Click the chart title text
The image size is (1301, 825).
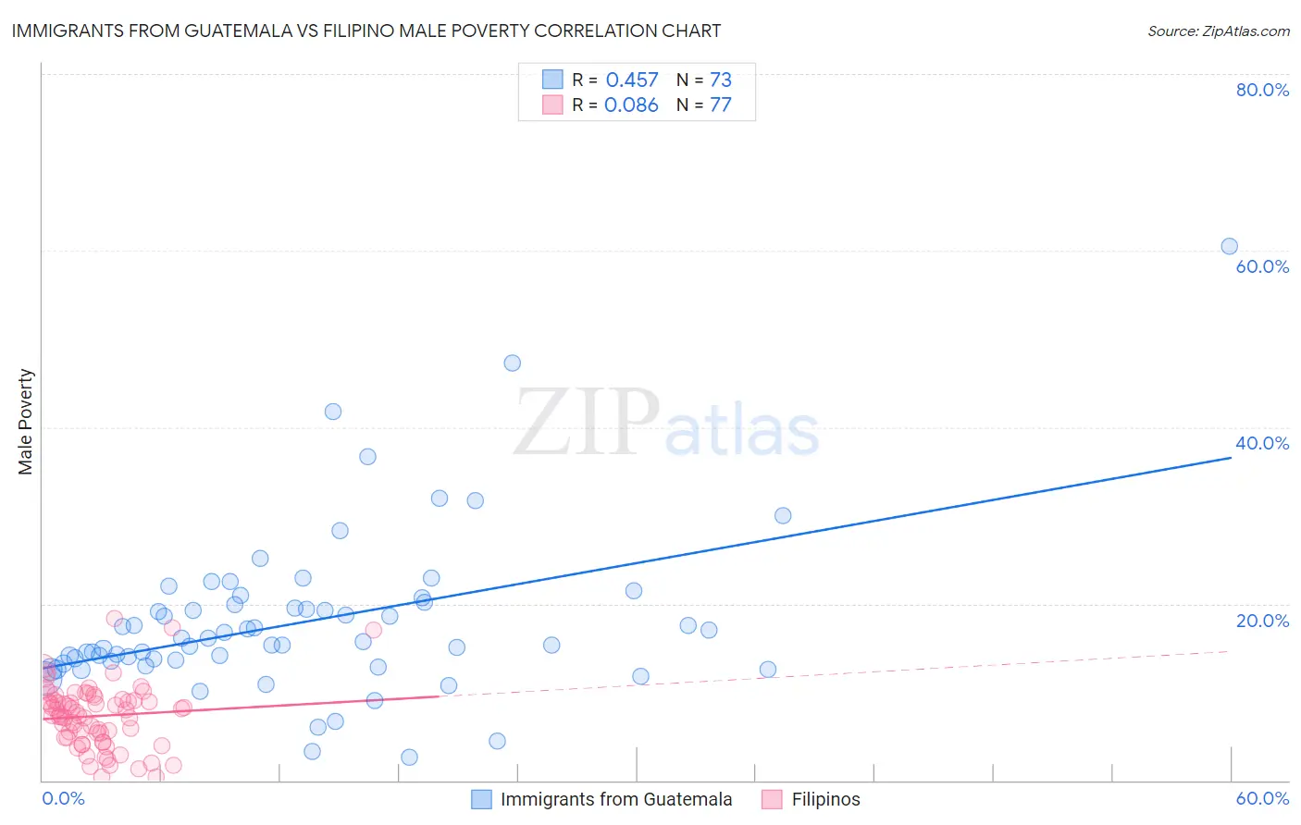[x=366, y=31]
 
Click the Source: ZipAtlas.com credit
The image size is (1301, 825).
[x=1218, y=31]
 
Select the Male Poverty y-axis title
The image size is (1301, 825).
[x=26, y=422]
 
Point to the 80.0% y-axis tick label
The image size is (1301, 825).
[x=1262, y=90]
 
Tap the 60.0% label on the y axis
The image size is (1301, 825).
[x=1262, y=266]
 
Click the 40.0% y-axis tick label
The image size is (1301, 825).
[x=1262, y=443]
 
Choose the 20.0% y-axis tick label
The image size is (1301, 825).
[x=1262, y=621]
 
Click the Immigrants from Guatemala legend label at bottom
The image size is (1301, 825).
[x=616, y=800]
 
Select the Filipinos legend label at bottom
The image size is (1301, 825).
[x=825, y=800]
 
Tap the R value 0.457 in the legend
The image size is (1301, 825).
[x=632, y=80]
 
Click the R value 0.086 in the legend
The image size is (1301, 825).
[x=631, y=105]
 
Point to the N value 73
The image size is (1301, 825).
[x=721, y=80]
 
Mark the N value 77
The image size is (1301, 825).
[x=721, y=105]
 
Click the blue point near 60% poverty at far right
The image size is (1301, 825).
[x=1229, y=246]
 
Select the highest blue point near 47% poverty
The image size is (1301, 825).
[x=512, y=363]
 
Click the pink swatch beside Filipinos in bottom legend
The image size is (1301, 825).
[x=772, y=800]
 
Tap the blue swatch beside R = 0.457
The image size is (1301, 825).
[x=552, y=80]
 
